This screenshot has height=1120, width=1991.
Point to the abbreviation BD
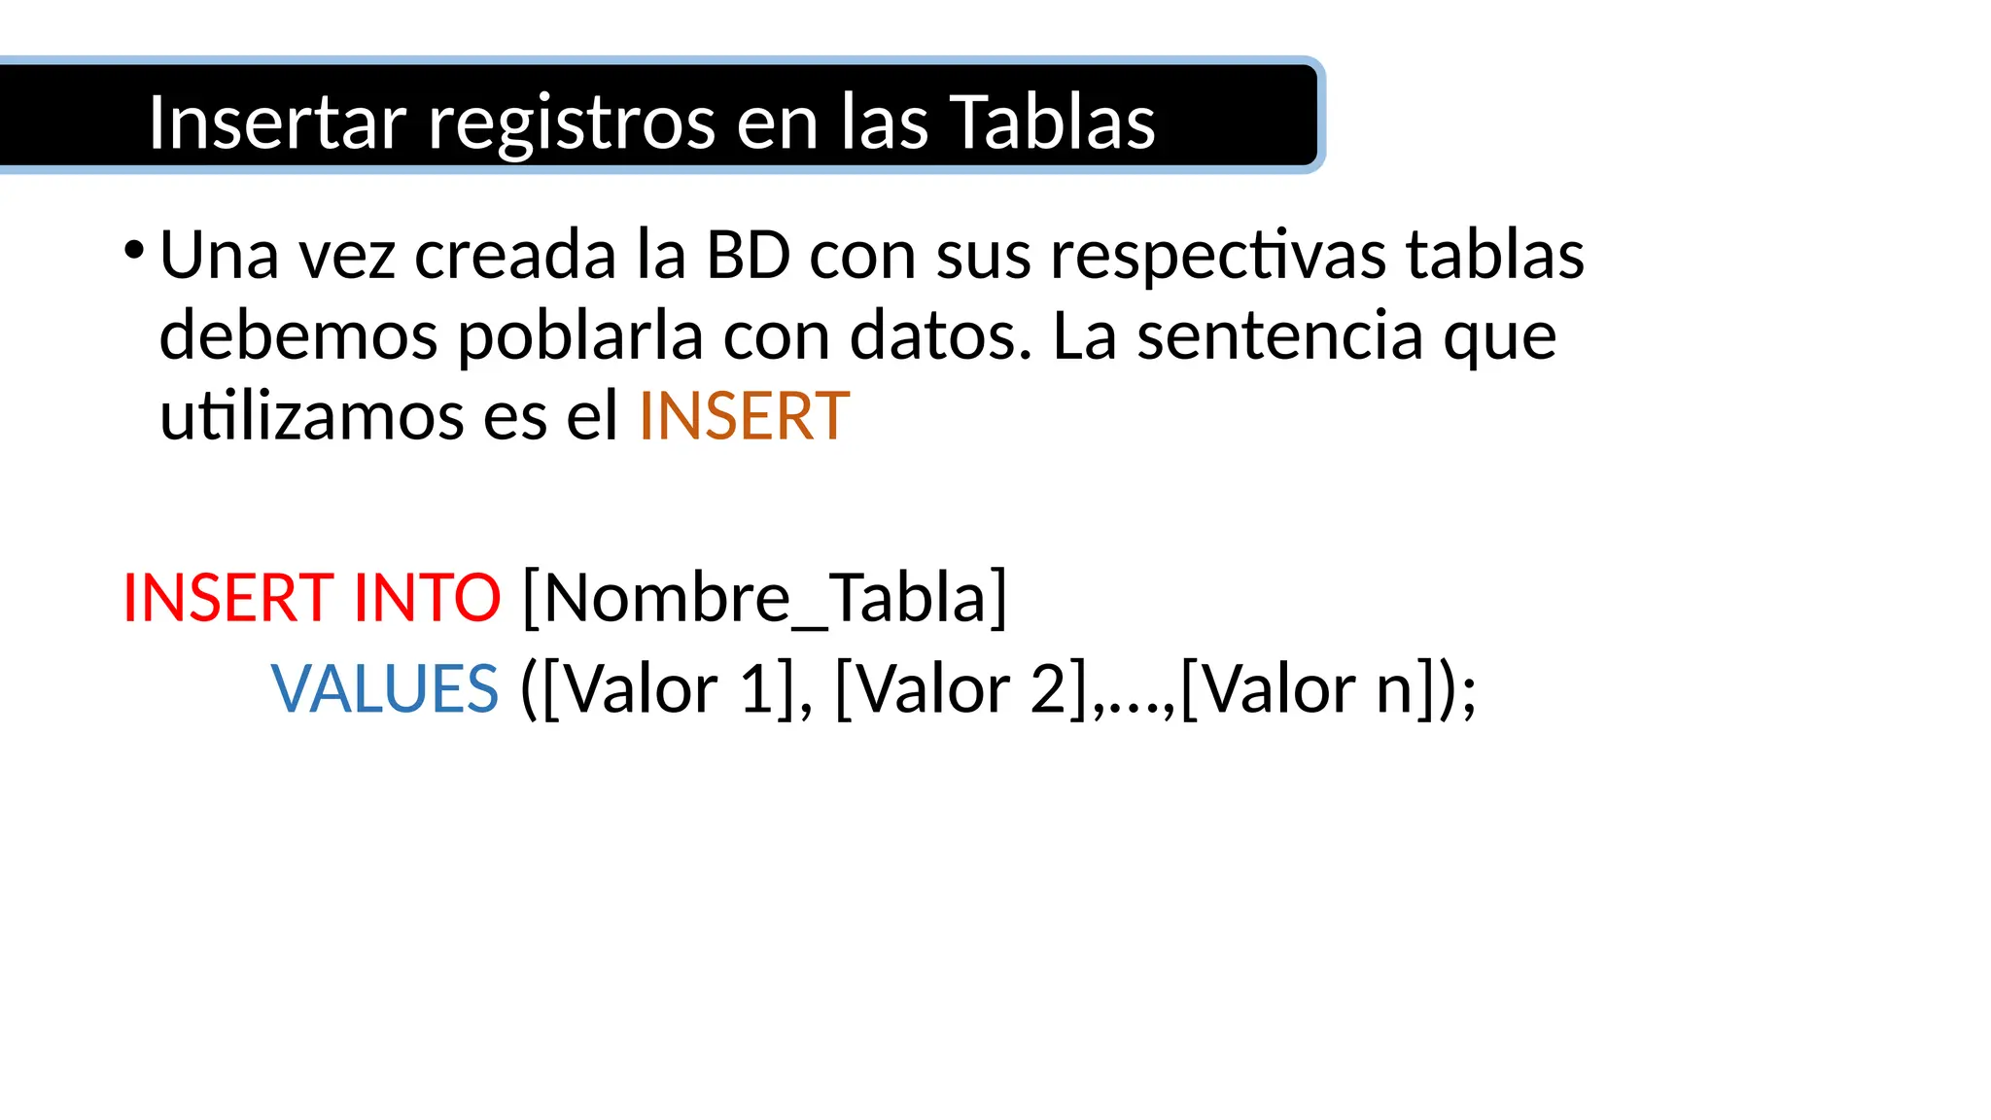point(748,256)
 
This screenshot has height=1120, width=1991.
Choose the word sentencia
point(1280,336)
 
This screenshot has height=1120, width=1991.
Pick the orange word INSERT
point(744,417)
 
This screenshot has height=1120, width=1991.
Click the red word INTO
point(427,597)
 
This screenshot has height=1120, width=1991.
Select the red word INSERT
point(228,597)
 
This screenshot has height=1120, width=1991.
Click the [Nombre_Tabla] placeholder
point(765,597)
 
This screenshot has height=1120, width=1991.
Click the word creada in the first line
point(515,256)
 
